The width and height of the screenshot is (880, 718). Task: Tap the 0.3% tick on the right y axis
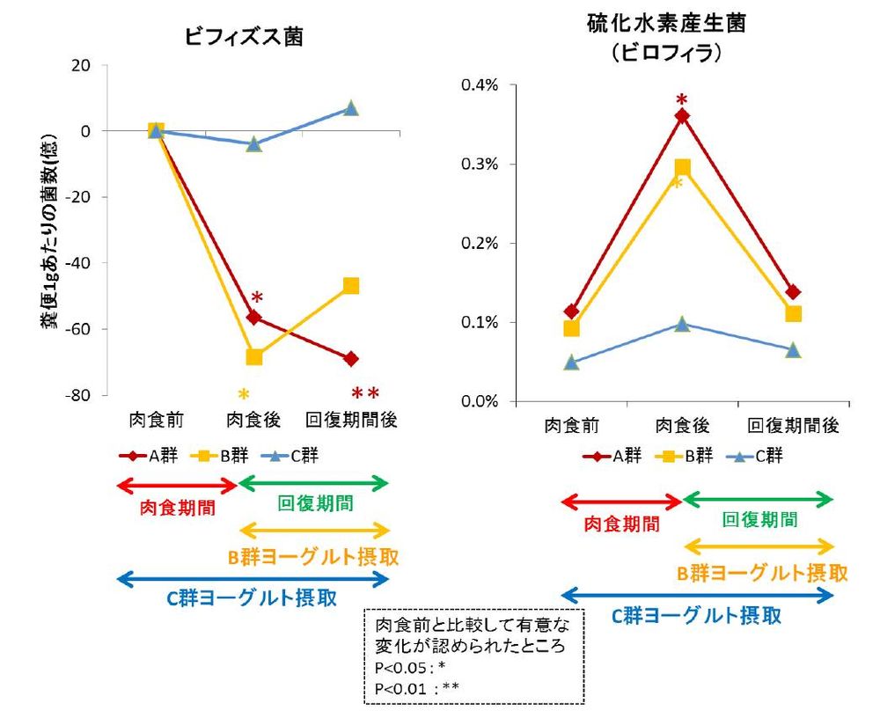point(480,165)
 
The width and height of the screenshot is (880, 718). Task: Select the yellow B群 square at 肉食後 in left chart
point(254,356)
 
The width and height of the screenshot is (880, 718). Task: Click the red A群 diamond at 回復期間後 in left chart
point(351,358)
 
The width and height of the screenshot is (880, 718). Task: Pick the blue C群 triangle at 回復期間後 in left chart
point(351,108)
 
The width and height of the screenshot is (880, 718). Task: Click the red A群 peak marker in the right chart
point(682,115)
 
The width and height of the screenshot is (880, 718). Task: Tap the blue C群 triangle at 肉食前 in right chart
point(571,363)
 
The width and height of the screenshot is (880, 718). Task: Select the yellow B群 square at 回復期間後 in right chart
point(793,314)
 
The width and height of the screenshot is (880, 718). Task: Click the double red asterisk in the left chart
point(364,393)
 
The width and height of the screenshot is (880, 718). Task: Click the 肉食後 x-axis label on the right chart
point(682,426)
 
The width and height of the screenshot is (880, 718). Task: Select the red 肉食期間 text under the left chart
point(177,509)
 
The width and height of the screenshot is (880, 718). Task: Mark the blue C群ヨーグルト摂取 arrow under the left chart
point(253,578)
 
